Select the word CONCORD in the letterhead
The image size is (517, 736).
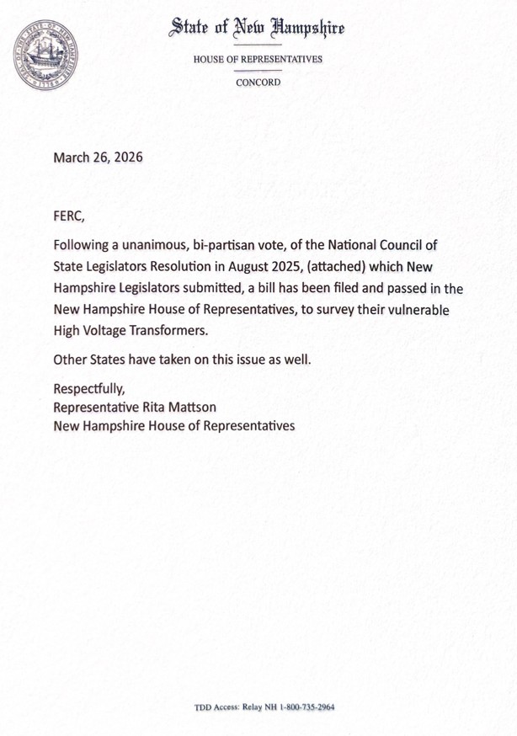coord(258,83)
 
